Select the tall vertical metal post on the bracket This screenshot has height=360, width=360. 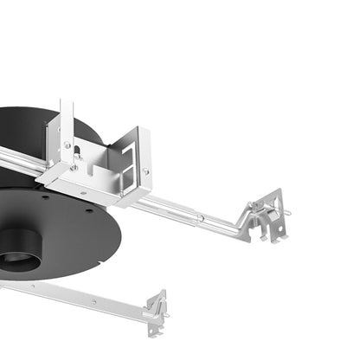[66, 130]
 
